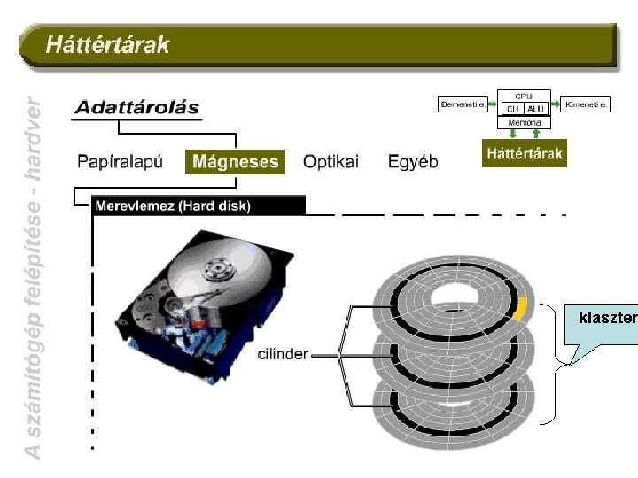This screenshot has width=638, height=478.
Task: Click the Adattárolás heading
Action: (136, 108)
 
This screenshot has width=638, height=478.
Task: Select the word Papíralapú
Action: (121, 162)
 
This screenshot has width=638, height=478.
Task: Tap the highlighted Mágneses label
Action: (235, 162)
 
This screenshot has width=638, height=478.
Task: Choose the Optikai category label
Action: (331, 162)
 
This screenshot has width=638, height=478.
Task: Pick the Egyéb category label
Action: (413, 162)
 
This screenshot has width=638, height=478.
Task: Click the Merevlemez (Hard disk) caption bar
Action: (173, 206)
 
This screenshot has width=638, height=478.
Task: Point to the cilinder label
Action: (283, 354)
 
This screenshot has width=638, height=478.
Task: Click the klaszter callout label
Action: (606, 317)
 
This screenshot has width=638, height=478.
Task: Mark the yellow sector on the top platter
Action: (520, 307)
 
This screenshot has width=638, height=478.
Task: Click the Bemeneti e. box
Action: (463, 104)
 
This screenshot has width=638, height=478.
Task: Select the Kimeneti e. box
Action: (587, 104)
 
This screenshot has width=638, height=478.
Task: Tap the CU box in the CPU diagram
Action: (512, 108)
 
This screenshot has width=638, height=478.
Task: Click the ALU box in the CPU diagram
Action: (535, 108)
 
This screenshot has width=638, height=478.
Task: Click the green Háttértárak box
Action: (524, 154)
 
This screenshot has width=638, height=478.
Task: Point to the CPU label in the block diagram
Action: (524, 95)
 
